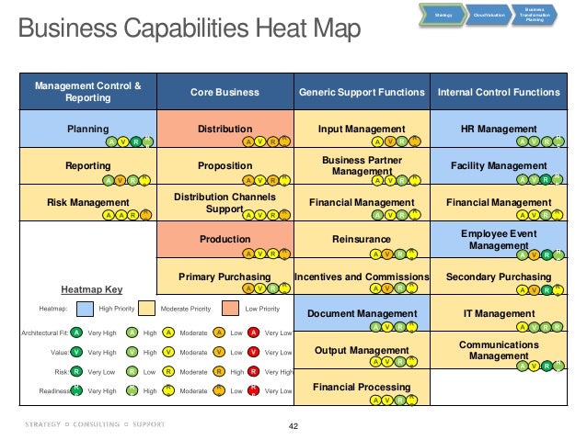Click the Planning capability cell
(87, 130)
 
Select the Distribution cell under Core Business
(224, 130)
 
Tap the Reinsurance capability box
(362, 240)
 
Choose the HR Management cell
(499, 130)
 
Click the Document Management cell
(362, 313)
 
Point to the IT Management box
(499, 313)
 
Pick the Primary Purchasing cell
(224, 276)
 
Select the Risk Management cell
(87, 203)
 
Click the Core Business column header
(224, 92)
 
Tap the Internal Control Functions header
(499, 92)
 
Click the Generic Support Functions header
(362, 92)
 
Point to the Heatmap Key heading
(91, 288)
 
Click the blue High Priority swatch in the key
(85, 310)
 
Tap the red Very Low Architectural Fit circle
(255, 333)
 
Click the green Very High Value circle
(77, 352)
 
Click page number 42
(293, 426)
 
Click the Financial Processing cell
(362, 387)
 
